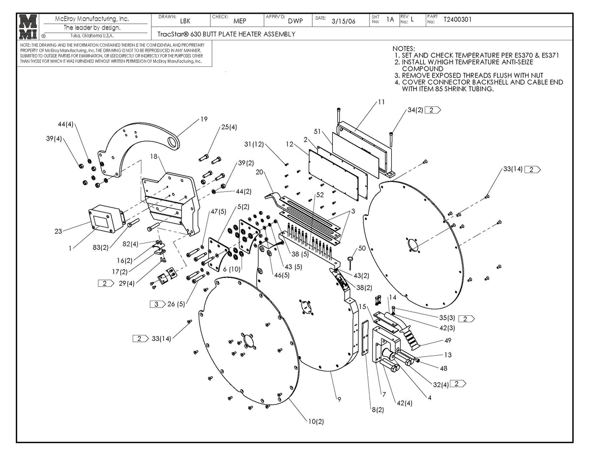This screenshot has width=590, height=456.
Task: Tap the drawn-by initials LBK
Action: (x=185, y=21)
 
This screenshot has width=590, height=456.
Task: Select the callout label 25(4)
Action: (x=229, y=127)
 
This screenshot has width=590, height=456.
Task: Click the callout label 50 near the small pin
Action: (x=362, y=249)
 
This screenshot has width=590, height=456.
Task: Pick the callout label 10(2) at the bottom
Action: (x=316, y=422)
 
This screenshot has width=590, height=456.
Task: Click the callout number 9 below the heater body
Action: (x=339, y=399)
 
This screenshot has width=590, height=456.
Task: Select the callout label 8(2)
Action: (x=378, y=409)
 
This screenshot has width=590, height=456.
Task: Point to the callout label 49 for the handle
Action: (x=447, y=340)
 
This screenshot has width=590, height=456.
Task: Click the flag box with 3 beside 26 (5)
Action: (x=156, y=304)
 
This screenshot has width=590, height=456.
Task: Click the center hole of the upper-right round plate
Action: (x=412, y=244)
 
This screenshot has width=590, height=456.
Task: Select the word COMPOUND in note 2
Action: (x=422, y=69)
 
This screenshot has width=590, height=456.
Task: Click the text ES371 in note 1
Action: (x=550, y=56)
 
